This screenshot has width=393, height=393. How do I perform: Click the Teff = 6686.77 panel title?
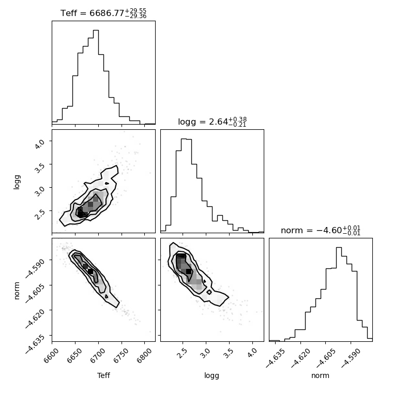click(103, 13)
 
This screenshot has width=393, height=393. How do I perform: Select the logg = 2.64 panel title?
click(213, 122)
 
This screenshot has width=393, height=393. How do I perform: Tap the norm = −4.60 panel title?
click(321, 230)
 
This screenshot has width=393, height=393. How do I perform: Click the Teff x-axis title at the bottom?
click(103, 375)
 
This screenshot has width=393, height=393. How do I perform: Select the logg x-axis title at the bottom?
click(212, 376)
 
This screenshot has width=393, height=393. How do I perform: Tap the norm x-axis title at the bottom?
click(320, 375)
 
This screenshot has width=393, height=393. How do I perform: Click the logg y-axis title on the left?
click(17, 182)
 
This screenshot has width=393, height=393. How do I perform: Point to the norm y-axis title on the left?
click(17, 291)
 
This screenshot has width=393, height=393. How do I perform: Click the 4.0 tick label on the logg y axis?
click(40, 144)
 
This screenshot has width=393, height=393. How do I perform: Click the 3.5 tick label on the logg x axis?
click(228, 353)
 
